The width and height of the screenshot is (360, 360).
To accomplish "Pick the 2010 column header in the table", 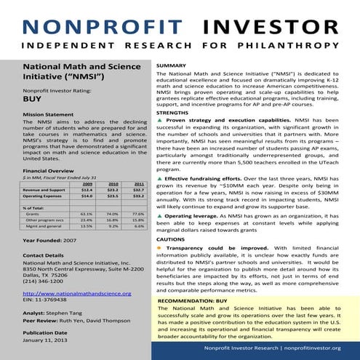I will click(x=113, y=185).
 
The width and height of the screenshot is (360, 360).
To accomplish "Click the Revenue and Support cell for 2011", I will click(x=138, y=191).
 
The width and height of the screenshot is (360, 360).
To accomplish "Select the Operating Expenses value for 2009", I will click(x=87, y=197).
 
